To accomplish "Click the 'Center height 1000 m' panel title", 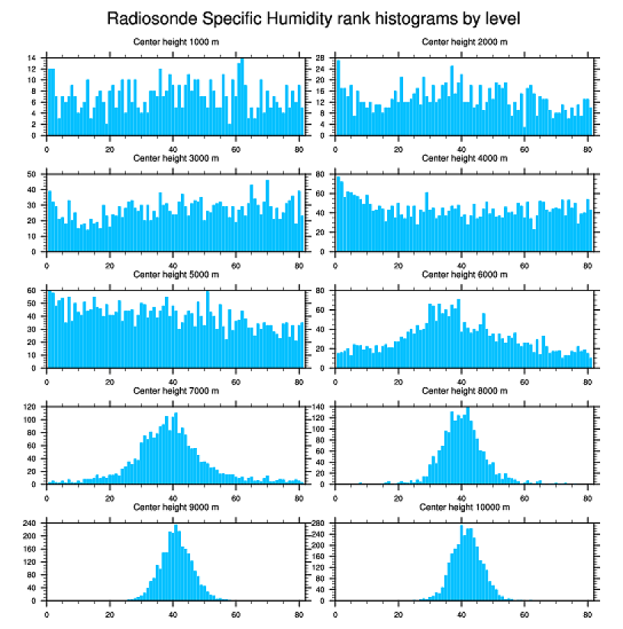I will point(176,41).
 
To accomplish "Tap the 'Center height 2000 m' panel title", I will point(464,41).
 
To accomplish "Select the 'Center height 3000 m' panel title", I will point(176,158).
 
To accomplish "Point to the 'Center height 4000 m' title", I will point(464,158).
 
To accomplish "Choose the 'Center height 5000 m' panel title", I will point(176,274).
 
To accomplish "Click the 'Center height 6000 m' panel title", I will point(464,274).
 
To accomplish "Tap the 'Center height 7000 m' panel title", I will point(176,390).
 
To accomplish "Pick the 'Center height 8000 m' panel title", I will point(464,390).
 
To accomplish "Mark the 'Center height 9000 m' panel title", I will point(176,507).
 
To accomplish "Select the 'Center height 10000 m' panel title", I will point(464,507).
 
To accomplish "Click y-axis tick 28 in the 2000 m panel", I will point(321,58).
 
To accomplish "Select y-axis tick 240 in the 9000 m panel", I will point(31,524).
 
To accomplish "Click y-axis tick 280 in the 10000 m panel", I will point(319,524).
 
